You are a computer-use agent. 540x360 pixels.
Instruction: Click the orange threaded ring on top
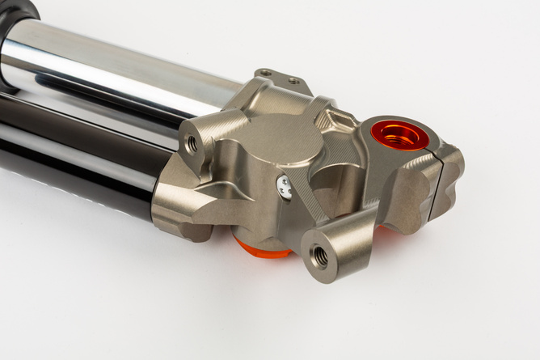(x=400, y=133)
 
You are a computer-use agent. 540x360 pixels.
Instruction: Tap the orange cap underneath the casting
(x=260, y=246)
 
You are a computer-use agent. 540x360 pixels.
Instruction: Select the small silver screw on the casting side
(x=283, y=187)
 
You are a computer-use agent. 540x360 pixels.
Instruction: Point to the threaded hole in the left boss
(x=192, y=143)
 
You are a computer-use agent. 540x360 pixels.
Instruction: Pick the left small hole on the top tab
(x=268, y=73)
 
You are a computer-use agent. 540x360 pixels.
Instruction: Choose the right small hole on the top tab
(x=293, y=81)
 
